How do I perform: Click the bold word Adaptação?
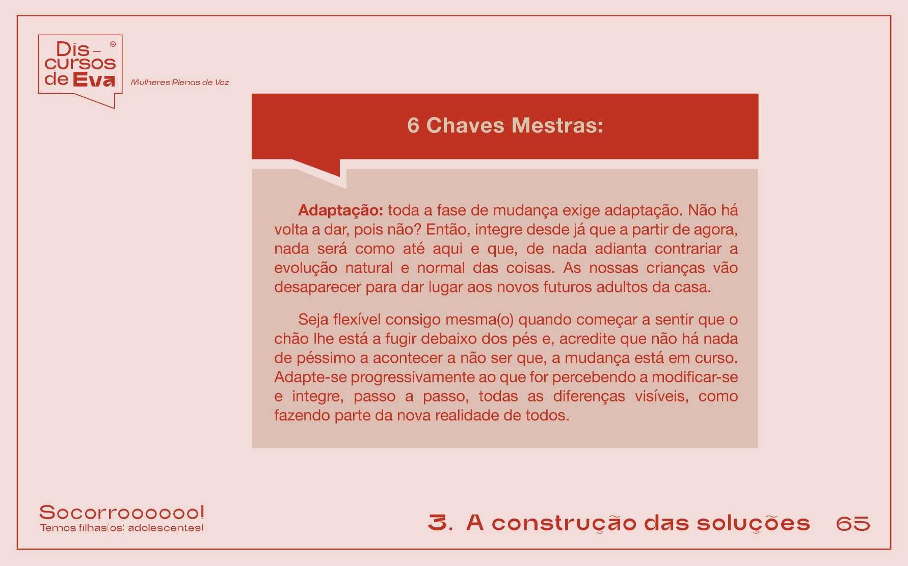(340, 210)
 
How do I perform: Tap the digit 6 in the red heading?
(413, 126)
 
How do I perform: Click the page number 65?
(853, 523)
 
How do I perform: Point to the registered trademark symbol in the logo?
(113, 44)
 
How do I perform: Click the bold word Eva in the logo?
(94, 80)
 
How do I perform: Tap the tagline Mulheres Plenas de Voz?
(180, 83)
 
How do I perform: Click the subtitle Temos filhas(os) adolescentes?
(122, 528)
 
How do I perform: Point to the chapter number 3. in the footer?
(440, 523)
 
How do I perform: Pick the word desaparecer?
(318, 288)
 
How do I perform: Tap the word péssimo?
(315, 358)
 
